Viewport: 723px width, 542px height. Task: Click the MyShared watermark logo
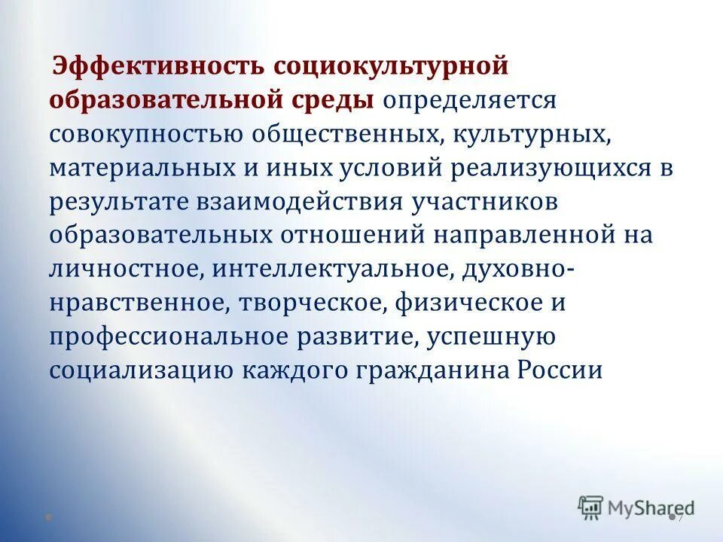pyautogui.click(x=636, y=509)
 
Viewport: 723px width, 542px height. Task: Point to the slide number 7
pyautogui.click(x=679, y=518)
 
